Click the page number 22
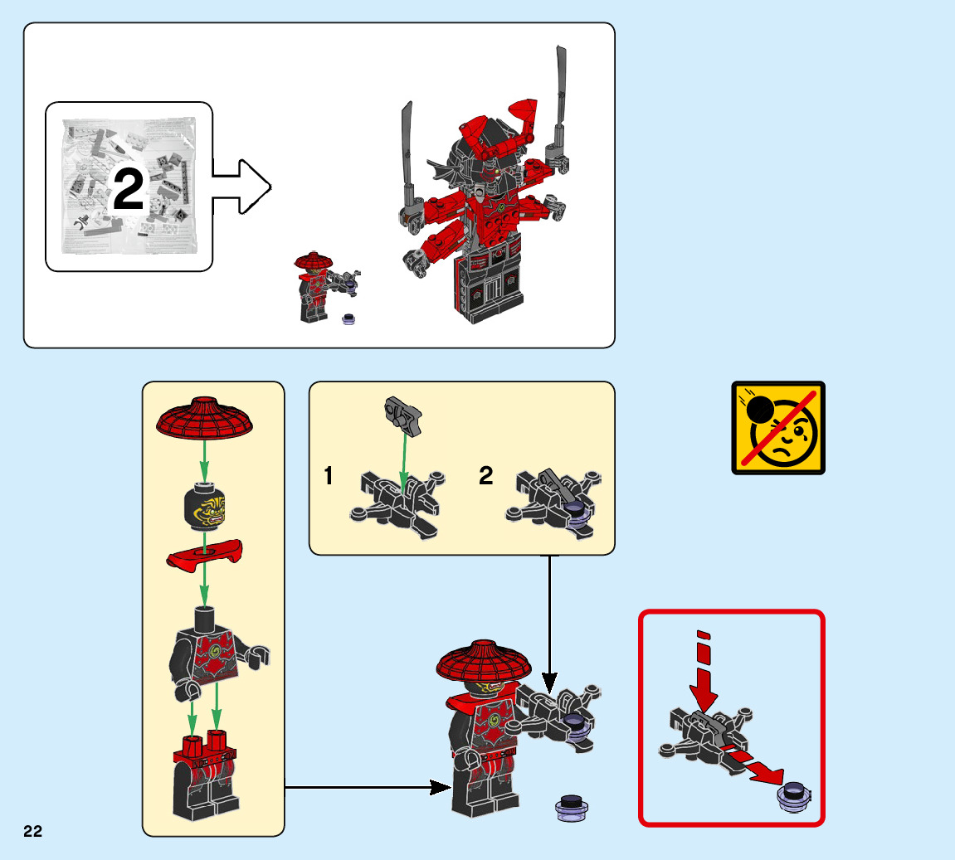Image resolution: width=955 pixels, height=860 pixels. point(32,832)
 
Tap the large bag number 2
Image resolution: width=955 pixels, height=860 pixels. point(128,191)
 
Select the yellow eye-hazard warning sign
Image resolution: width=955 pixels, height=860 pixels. point(777,428)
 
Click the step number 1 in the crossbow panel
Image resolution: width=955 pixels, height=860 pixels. point(329,476)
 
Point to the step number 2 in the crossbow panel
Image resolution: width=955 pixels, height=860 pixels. point(486,475)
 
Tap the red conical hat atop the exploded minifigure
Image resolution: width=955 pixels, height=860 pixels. point(204,417)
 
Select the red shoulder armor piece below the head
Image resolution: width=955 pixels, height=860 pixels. point(204,555)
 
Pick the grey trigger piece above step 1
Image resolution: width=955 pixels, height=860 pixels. point(404,413)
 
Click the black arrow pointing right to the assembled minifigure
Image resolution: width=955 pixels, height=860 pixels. point(365,787)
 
